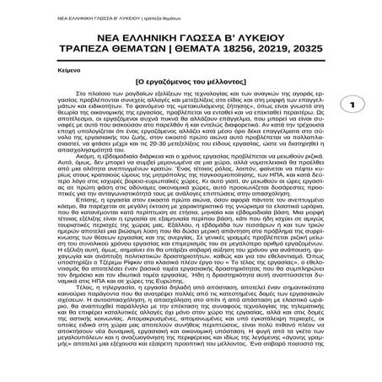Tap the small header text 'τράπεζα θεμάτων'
(120, 9)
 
